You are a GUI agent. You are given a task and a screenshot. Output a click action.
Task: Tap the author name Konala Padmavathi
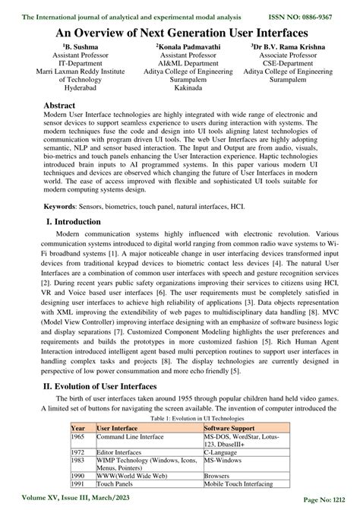[181, 46]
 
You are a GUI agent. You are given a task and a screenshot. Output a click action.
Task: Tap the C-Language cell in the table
[225, 455]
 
